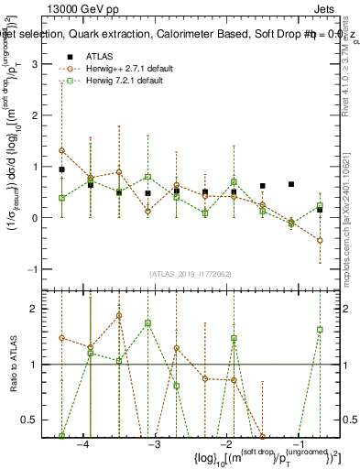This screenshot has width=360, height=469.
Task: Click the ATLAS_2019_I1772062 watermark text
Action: pyautogui.click(x=191, y=273)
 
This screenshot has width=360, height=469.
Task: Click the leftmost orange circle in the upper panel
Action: pyautogui.click(x=61, y=150)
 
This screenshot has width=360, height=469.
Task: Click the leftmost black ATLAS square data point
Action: pyautogui.click(x=61, y=169)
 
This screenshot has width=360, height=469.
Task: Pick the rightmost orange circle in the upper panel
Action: pyautogui.click(x=320, y=240)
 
